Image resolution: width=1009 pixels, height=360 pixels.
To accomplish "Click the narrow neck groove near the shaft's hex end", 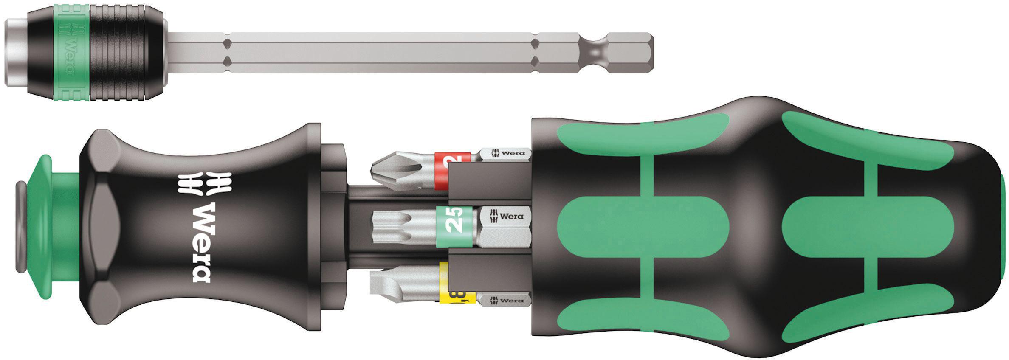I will (595, 53).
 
